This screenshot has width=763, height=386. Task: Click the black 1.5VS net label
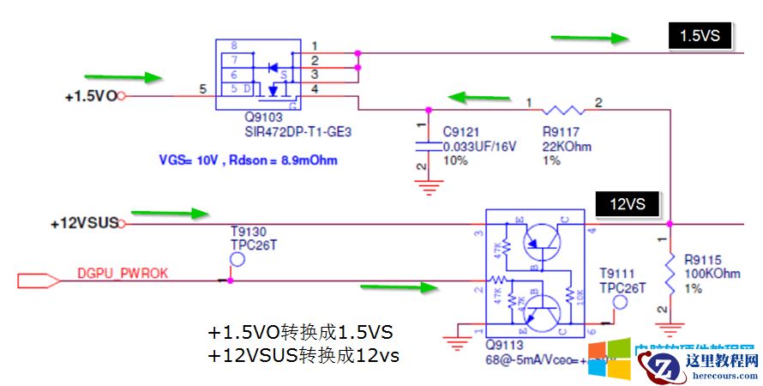click(x=699, y=36)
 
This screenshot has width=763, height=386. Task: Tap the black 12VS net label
click(x=628, y=204)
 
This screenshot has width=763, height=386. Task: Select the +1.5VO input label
click(x=90, y=96)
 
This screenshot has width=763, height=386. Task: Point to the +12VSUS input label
click(x=83, y=224)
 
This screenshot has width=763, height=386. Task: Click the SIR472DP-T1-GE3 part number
click(x=297, y=133)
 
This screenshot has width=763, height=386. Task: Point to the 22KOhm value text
click(x=567, y=147)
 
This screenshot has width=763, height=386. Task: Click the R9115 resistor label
click(x=702, y=259)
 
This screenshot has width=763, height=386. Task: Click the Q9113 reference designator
click(x=503, y=347)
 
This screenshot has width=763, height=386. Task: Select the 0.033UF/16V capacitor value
click(x=479, y=147)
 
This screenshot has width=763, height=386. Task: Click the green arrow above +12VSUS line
click(x=177, y=212)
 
